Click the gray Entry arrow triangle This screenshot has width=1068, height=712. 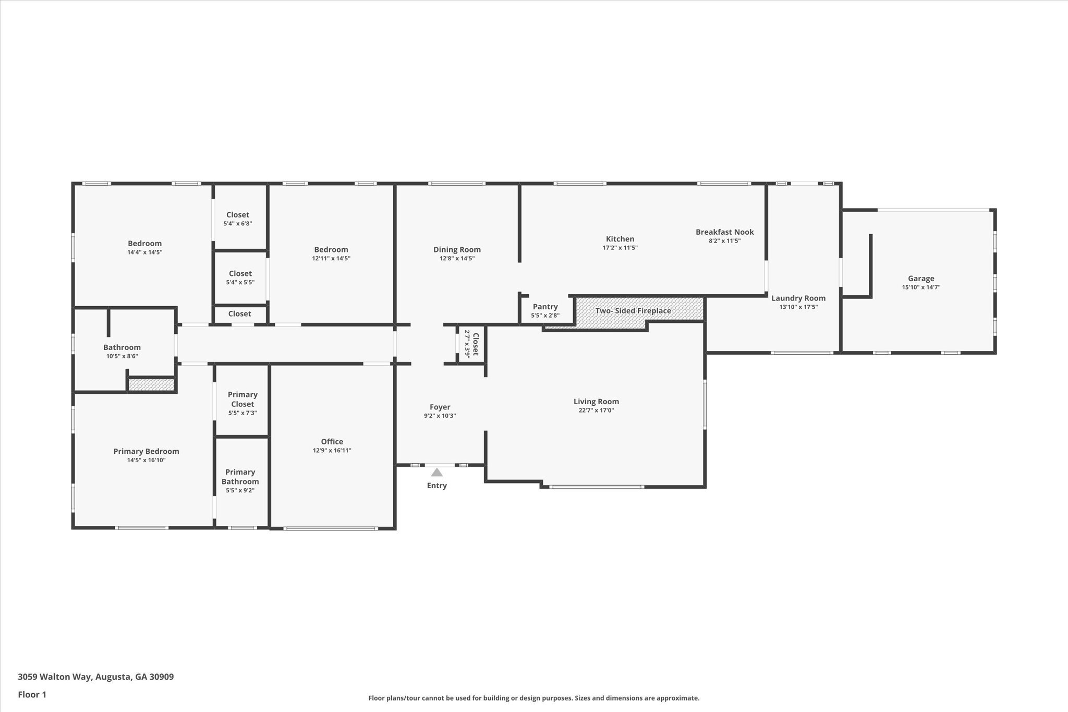(x=437, y=473)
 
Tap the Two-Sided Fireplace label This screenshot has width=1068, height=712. (x=633, y=311)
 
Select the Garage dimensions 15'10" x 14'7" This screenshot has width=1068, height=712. (x=921, y=287)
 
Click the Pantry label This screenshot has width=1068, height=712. (x=545, y=307)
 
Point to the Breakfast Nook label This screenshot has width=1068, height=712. (x=724, y=232)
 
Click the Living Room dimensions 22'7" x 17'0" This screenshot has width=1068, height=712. (x=596, y=411)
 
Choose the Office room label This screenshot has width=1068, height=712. (x=332, y=442)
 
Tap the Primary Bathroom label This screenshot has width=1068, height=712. (x=240, y=477)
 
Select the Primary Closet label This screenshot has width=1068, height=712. (x=242, y=399)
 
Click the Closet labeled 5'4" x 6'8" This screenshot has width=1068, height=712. (x=237, y=215)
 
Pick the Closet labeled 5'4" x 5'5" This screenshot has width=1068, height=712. (x=240, y=274)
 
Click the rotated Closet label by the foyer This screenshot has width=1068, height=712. (x=475, y=344)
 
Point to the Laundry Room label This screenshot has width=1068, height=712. (x=798, y=298)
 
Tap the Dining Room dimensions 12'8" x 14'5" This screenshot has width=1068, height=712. (x=457, y=258)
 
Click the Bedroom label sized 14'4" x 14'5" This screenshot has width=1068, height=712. (x=144, y=244)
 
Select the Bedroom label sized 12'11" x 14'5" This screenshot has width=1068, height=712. (x=331, y=250)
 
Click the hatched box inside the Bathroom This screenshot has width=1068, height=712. (x=151, y=385)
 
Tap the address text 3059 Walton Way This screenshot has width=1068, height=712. (x=95, y=677)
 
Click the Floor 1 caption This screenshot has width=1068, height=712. (x=32, y=695)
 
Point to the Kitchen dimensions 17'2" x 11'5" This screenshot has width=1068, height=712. (x=620, y=248)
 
